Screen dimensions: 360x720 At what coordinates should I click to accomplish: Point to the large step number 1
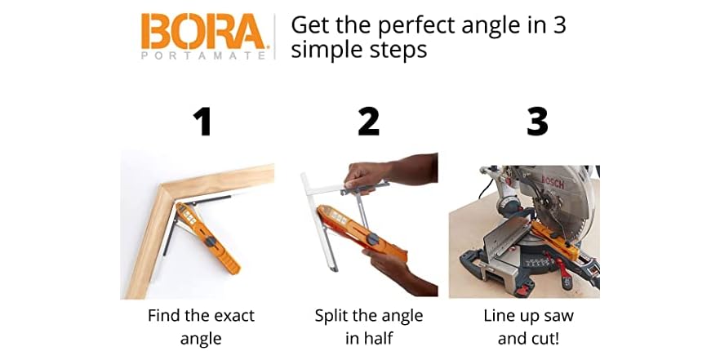coord(201,121)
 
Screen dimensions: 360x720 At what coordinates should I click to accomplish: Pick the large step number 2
coord(368,121)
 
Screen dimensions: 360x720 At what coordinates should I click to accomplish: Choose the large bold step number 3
coord(536,121)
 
